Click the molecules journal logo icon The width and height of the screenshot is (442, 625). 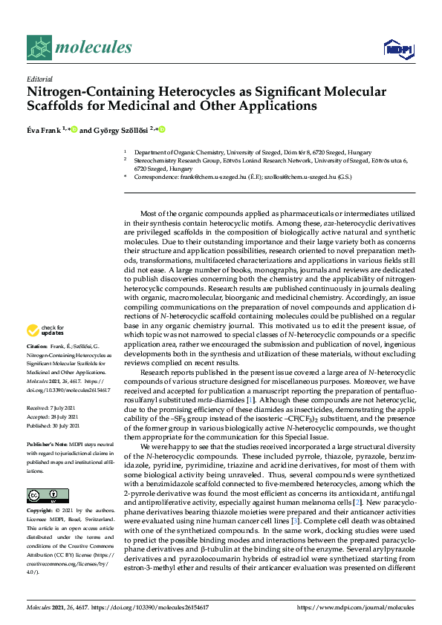pyautogui.click(x=42, y=48)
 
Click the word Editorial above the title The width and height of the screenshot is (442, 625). pyautogui.click(x=39, y=78)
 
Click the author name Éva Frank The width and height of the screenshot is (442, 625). pyautogui.click(x=45, y=129)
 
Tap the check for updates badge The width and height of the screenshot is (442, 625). pyautogui.click(x=45, y=330)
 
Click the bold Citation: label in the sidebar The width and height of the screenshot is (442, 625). pyautogui.click(x=37, y=346)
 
